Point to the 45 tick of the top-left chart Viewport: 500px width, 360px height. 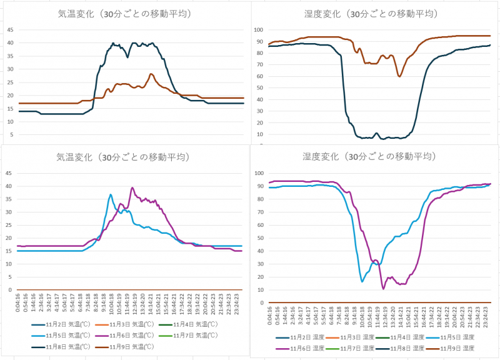[9, 29]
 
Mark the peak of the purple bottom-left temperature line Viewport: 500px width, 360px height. [132, 187]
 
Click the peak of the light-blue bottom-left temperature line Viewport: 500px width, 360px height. [111, 194]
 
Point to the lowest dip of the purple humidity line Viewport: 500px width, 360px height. [383, 288]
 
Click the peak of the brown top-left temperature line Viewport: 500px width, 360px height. [151, 74]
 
